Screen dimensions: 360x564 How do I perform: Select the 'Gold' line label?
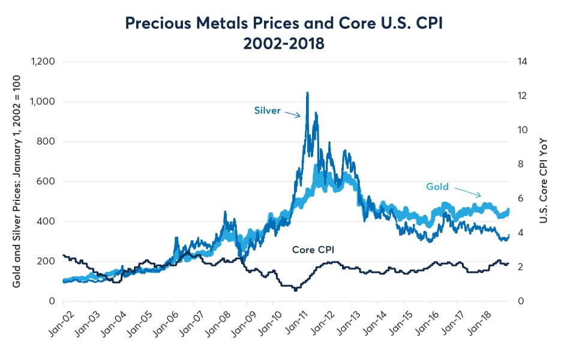click(437, 187)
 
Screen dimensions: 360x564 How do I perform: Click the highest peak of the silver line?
click(307, 93)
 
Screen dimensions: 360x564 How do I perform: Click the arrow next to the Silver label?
click(292, 114)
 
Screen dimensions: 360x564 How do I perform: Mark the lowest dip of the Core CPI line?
click(295, 290)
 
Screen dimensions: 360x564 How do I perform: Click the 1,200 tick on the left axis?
click(42, 62)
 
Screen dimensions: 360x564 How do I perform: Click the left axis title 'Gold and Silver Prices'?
click(17, 180)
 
